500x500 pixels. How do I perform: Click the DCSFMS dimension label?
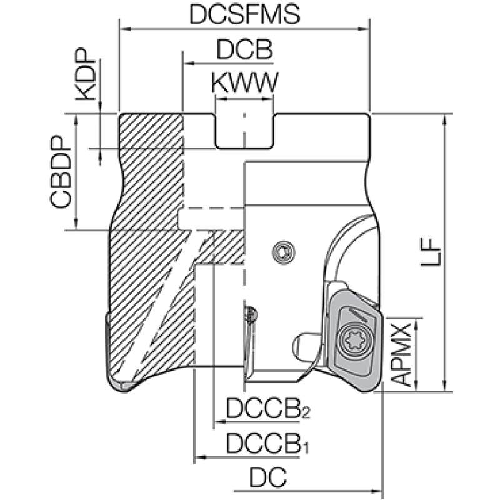click(244, 14)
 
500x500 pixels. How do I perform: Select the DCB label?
click(244, 50)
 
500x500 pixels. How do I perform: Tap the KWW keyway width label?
click(244, 83)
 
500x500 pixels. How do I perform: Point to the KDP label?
click(86, 74)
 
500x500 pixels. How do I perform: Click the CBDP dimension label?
click(61, 172)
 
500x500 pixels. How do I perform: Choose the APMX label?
click(401, 354)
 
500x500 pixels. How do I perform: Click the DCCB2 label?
click(268, 409)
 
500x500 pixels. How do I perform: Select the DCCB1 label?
click(267, 444)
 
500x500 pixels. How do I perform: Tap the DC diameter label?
click(268, 477)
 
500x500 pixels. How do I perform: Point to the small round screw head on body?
click(284, 252)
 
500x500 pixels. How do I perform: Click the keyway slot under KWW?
click(244, 131)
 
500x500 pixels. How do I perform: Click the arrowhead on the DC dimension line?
click(377, 491)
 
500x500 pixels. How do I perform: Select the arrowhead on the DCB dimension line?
click(189, 63)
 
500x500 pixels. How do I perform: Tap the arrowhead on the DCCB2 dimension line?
click(220, 422)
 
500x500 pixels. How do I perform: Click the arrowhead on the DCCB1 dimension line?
click(200, 457)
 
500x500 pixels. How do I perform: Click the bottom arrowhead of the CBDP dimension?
click(76, 224)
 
